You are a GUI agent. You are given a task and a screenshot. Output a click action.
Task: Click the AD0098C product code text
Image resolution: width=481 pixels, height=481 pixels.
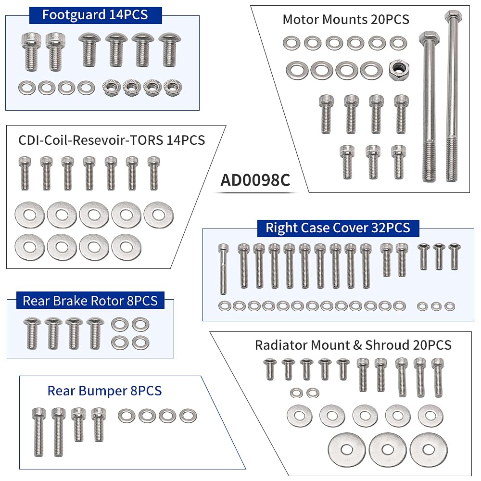[x=255, y=180]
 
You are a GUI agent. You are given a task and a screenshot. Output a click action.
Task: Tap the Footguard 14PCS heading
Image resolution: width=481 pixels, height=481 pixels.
[x=95, y=15]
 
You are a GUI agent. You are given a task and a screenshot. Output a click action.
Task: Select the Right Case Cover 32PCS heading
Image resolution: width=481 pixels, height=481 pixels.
[x=338, y=228]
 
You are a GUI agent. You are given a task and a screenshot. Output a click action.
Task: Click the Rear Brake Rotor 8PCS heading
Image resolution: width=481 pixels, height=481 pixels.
[x=90, y=301]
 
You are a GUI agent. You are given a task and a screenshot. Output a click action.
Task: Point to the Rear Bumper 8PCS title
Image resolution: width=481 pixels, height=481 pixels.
[x=104, y=391]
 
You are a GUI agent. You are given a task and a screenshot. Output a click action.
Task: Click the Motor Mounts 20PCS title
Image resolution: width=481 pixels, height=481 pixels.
[x=346, y=19]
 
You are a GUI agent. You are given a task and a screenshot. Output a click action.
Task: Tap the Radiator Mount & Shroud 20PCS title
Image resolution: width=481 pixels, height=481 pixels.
[x=353, y=345]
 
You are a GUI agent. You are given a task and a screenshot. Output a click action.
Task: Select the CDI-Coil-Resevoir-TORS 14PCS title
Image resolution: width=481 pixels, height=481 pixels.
[x=112, y=140]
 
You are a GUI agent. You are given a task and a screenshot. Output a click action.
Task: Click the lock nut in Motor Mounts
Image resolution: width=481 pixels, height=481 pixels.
[x=399, y=70]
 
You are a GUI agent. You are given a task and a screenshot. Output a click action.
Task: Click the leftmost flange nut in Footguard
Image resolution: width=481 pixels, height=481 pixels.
[x=112, y=88]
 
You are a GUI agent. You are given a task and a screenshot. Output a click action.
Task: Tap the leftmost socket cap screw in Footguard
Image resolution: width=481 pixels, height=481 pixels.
[x=31, y=52]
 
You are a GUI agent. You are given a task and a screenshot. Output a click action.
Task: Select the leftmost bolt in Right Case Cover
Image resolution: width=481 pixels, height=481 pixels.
[x=223, y=269]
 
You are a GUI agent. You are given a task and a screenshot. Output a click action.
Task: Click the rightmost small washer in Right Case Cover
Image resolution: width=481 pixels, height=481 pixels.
[x=450, y=306]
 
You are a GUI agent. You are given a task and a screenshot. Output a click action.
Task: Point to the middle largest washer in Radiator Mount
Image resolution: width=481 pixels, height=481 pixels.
[x=388, y=450]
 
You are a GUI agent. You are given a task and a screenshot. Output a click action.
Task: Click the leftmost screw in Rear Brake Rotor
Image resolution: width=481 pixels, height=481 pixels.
[x=32, y=334]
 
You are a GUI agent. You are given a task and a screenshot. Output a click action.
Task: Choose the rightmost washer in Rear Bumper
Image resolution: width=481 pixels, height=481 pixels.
[x=188, y=416]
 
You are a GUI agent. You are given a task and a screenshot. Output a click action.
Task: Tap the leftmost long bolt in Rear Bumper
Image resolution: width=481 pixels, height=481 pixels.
[x=39, y=432]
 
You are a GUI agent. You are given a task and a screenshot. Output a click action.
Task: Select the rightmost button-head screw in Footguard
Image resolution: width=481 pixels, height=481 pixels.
[x=170, y=50]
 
